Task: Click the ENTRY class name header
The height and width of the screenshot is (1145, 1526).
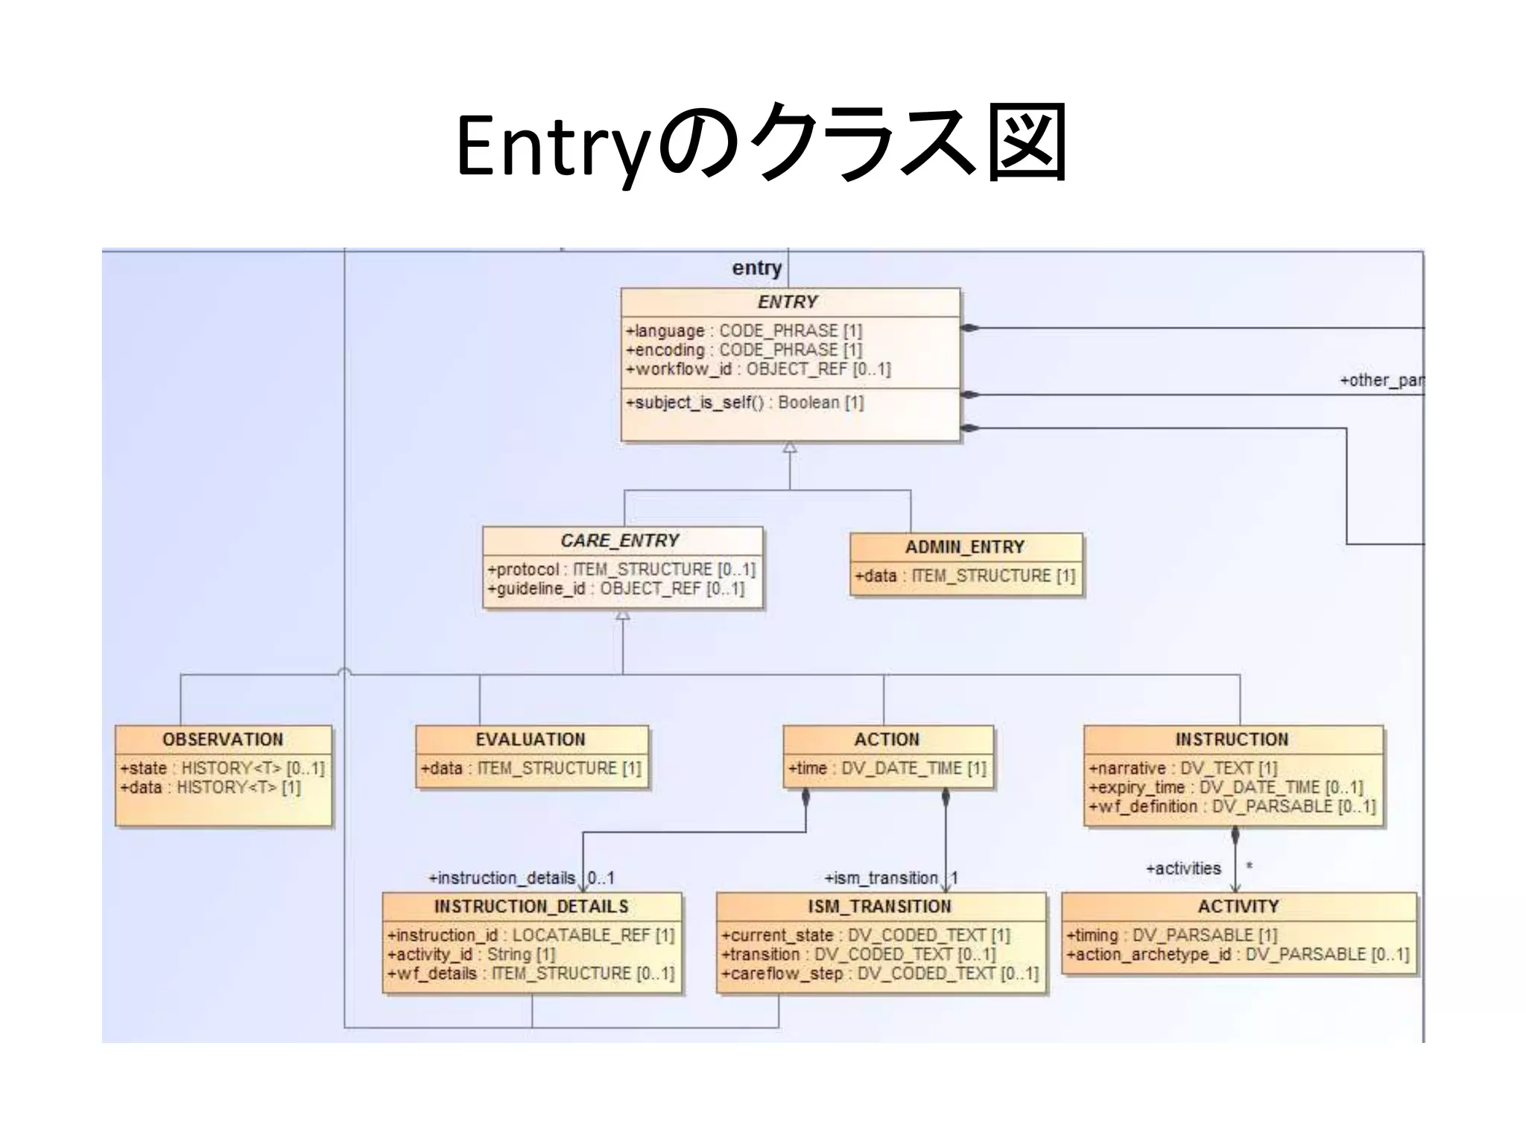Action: pyautogui.click(x=788, y=302)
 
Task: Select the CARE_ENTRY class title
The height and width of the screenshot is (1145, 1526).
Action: pyautogui.click(x=619, y=540)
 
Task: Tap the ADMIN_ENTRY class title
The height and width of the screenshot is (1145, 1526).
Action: pyautogui.click(x=965, y=547)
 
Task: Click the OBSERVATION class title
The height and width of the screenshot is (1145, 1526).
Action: pyautogui.click(x=223, y=739)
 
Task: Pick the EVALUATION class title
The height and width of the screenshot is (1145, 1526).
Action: pyautogui.click(x=531, y=739)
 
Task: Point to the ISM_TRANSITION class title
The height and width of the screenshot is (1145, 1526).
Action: pyautogui.click(x=880, y=906)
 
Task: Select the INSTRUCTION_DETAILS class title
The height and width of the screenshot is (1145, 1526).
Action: pyautogui.click(x=531, y=906)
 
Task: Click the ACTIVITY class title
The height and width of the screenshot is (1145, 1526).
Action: pyautogui.click(x=1238, y=906)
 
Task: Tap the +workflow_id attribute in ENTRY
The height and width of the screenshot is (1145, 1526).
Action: pyautogui.click(x=758, y=369)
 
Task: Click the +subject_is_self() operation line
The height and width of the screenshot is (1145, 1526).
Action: pyautogui.click(x=744, y=403)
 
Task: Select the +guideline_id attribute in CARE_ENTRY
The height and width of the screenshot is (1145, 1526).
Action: pyautogui.click(x=615, y=589)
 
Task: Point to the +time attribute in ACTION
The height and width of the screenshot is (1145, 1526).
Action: pyautogui.click(x=887, y=769)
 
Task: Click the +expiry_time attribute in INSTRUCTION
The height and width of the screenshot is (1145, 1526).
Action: pyautogui.click(x=1225, y=788)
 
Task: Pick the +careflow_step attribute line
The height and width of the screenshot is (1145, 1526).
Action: pyautogui.click(x=879, y=974)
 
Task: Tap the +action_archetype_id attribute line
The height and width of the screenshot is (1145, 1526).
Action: pyautogui.click(x=1237, y=955)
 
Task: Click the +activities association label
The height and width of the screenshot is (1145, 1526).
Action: pyautogui.click(x=1183, y=868)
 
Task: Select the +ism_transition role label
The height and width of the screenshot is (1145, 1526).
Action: pyautogui.click(x=881, y=878)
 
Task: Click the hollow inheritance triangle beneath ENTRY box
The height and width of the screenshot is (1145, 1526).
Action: pyautogui.click(x=790, y=448)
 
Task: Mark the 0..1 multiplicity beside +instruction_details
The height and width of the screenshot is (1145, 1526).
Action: pyautogui.click(x=601, y=878)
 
